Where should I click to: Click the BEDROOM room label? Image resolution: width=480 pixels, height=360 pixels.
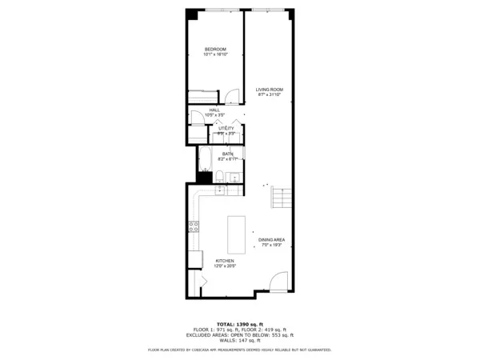(x=215, y=50)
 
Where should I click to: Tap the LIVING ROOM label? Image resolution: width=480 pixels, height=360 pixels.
(x=269, y=90)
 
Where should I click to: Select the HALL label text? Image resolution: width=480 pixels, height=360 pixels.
(x=214, y=110)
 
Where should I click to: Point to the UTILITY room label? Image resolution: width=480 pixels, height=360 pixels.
(x=226, y=128)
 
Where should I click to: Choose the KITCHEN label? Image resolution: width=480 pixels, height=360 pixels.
(x=224, y=261)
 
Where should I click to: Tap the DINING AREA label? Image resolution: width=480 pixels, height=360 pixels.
(x=271, y=240)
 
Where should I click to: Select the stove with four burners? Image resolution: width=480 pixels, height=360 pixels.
(x=194, y=226)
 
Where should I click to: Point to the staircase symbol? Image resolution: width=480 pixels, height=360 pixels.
(x=279, y=197)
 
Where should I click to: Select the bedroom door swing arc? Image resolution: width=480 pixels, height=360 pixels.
(x=230, y=97)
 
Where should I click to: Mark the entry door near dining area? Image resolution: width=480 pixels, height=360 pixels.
(x=277, y=282)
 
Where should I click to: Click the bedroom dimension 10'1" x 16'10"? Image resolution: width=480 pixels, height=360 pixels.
(x=215, y=55)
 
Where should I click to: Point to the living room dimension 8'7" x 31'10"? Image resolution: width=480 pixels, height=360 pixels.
(x=269, y=95)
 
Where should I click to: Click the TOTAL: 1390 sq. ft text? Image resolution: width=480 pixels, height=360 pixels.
(x=240, y=324)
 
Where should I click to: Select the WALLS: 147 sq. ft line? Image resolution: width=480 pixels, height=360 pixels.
(x=240, y=341)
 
